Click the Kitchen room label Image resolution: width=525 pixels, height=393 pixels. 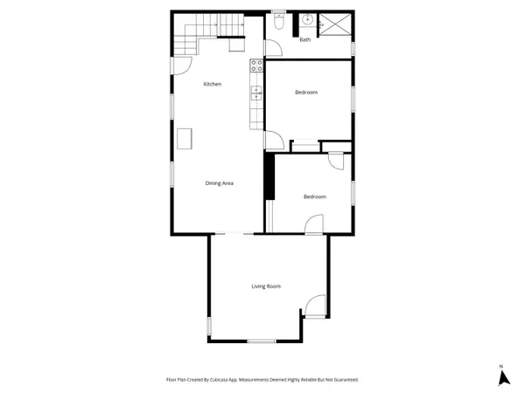213,84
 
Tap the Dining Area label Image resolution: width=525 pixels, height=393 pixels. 219,183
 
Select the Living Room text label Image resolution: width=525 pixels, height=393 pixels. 266,286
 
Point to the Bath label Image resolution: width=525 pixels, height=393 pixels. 305,39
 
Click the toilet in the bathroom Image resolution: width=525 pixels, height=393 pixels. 278,24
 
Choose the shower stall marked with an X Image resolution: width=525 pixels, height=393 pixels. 336,24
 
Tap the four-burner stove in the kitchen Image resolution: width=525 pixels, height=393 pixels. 257,64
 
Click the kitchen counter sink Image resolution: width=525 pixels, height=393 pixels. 256,91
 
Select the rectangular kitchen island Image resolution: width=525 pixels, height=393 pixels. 185,138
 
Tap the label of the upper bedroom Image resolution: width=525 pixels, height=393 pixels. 306,93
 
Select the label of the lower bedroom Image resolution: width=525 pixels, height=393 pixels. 315,196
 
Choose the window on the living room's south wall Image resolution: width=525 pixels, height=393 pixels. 261,341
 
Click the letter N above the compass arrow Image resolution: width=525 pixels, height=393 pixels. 501,365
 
